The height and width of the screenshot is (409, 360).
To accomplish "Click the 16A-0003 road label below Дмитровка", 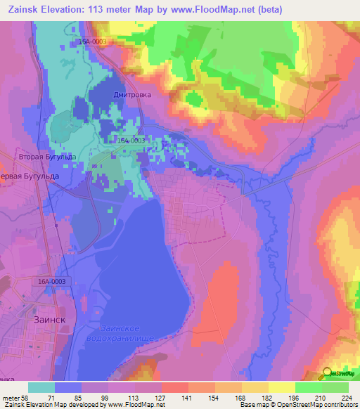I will click(130, 141).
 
